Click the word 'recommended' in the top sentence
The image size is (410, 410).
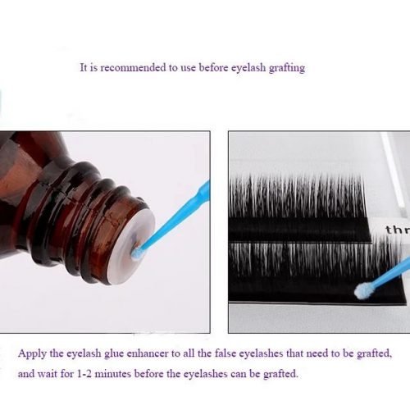click(132, 67)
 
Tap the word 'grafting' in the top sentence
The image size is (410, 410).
click(287, 68)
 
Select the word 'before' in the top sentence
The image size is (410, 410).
click(213, 67)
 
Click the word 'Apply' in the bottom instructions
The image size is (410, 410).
click(32, 354)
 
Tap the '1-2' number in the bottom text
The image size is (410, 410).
click(84, 373)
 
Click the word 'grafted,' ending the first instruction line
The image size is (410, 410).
click(374, 354)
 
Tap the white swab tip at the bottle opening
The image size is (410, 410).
click(136, 253)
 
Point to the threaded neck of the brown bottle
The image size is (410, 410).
click(82, 219)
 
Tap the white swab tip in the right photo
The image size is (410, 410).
click(362, 290)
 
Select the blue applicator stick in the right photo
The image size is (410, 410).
click(388, 273)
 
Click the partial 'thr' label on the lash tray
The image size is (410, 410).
click(398, 230)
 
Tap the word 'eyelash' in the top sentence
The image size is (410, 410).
click(248, 68)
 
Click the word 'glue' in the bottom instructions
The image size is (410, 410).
click(114, 354)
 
